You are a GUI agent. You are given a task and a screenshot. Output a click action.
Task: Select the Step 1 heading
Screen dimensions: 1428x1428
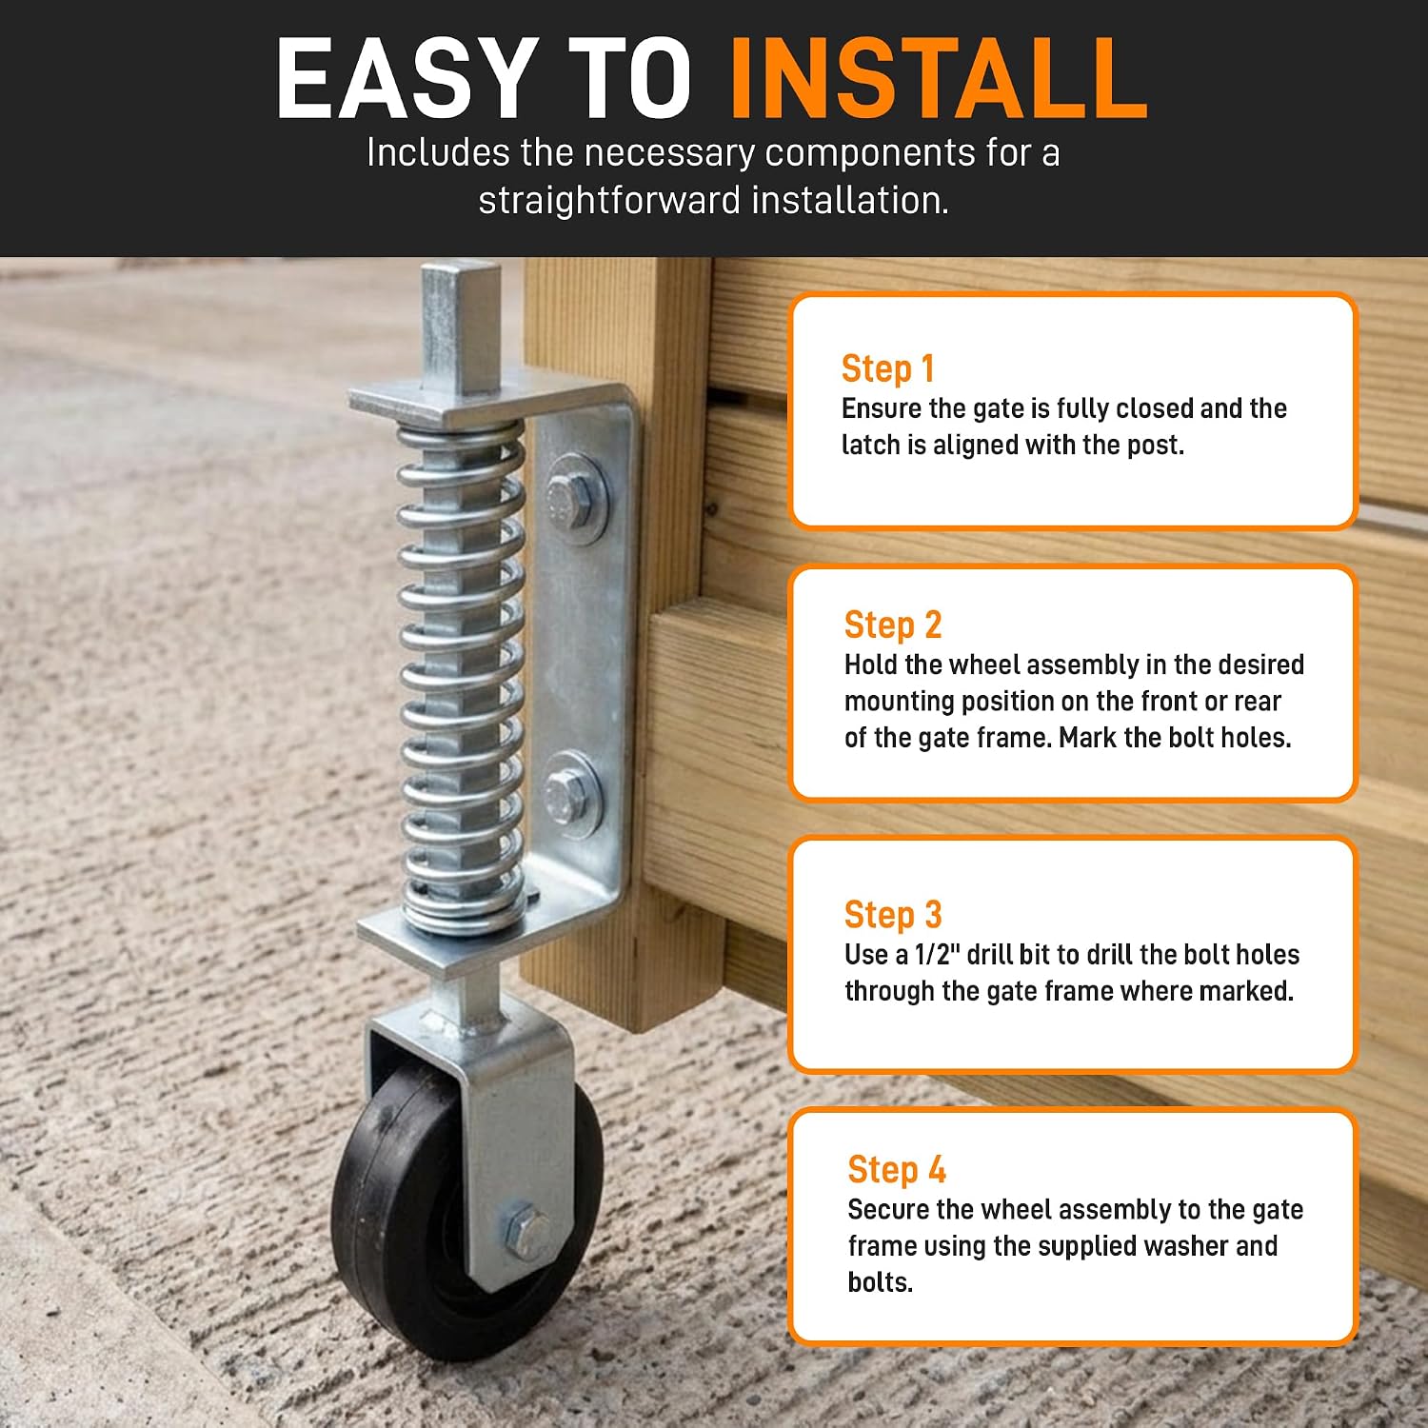point(887,368)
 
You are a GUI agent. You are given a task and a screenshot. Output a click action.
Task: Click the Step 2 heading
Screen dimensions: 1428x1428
point(892,625)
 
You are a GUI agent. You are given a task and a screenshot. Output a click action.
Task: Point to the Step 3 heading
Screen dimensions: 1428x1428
point(892,914)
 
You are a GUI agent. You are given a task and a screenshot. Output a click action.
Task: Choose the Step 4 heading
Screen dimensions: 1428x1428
point(896,1169)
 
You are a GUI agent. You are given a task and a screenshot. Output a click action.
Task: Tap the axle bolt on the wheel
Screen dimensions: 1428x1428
point(526,1232)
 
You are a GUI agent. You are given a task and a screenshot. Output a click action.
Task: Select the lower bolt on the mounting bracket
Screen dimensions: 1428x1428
point(573,796)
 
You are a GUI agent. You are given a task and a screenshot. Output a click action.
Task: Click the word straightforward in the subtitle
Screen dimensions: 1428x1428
point(609,201)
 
